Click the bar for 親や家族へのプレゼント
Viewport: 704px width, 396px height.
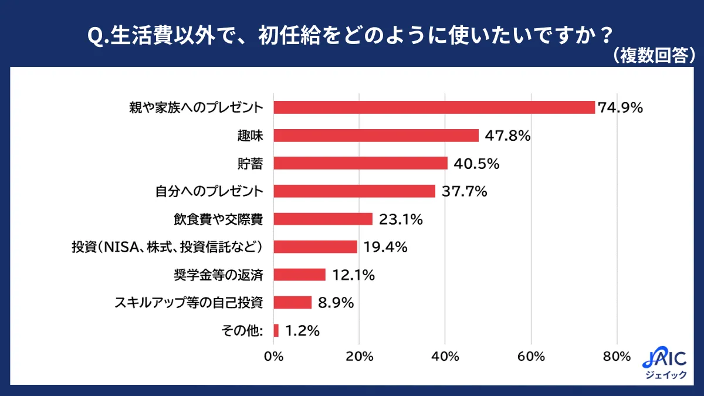click(x=434, y=107)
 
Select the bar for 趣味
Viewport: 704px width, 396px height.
click(x=376, y=136)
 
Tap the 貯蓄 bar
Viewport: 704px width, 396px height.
click(x=360, y=163)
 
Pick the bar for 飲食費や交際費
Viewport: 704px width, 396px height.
click(x=323, y=219)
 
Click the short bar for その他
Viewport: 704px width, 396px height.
click(x=276, y=330)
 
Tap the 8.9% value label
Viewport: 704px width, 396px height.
click(x=336, y=303)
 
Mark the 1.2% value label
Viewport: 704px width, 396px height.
click(x=302, y=331)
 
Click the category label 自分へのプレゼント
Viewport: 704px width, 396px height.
click(x=208, y=191)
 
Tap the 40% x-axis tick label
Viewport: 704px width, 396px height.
click(x=445, y=357)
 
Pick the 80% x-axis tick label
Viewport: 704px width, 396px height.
click(x=617, y=357)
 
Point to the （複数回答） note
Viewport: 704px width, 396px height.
click(x=652, y=55)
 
